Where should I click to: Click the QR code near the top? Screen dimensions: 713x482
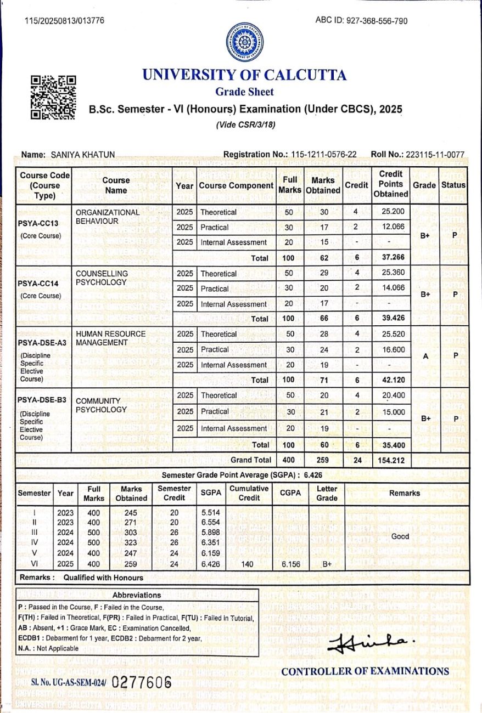[53, 98]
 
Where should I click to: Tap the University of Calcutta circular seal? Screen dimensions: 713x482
[245, 42]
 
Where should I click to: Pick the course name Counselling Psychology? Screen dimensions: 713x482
[102, 278]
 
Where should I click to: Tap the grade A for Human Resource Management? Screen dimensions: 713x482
[424, 356]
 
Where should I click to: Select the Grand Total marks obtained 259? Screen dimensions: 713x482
[322, 460]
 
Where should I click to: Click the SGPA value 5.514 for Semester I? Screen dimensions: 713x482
[211, 512]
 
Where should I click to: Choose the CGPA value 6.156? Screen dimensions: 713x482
[290, 563]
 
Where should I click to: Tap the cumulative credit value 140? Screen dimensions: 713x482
[248, 563]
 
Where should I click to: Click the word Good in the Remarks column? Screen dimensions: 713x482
[400, 536]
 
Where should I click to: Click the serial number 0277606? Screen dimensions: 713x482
[141, 683]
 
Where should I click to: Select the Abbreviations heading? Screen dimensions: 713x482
[137, 595]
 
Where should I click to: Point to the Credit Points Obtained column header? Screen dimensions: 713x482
[390, 184]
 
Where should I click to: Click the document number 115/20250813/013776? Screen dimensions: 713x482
[64, 21]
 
